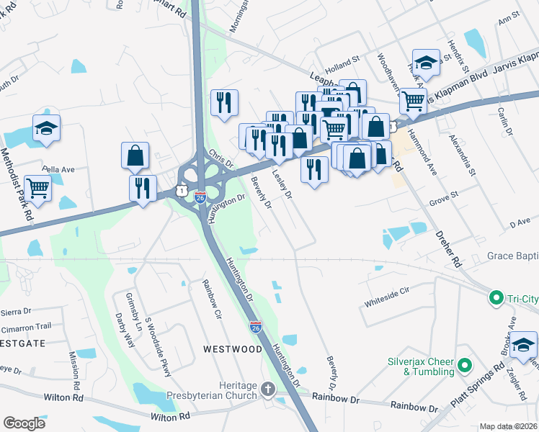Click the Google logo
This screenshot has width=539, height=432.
(24, 423)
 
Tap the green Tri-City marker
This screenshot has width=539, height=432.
(496, 297)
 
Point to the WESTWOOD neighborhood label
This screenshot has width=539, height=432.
(232, 349)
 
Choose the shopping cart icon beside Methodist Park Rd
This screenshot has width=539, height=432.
(37, 189)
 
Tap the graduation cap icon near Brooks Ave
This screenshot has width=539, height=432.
(523, 344)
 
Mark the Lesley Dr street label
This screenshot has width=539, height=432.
(281, 184)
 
